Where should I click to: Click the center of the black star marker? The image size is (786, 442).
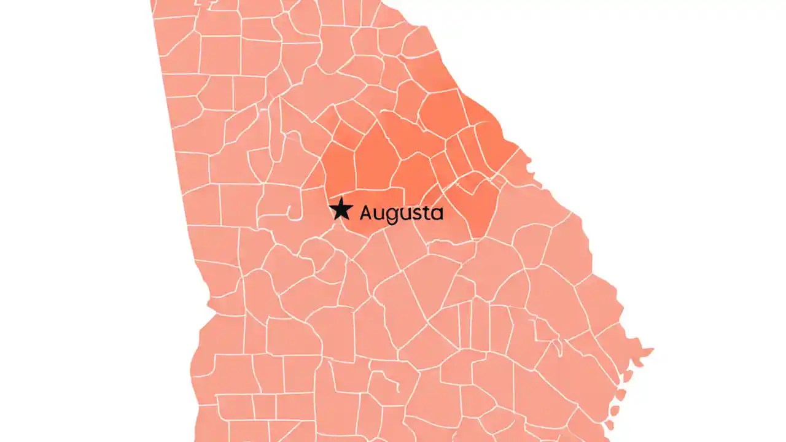pos(341,210)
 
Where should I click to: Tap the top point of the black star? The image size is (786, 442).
pos(341,198)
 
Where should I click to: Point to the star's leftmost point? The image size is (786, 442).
pos(329,207)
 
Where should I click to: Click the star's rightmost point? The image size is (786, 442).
pos(353,207)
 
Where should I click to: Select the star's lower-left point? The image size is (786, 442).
pos(333,220)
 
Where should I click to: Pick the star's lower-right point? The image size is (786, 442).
pos(348,220)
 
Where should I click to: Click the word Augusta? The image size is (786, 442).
pos(401,214)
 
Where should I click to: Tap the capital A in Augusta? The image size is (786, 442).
pos(367,213)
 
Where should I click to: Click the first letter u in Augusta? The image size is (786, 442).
pos(380,214)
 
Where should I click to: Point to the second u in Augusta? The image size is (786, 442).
pos(405,214)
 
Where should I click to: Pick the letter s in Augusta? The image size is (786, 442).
pos(416,214)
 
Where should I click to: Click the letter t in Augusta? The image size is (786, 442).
pos(426,213)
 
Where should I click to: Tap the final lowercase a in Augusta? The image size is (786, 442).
pos(436,214)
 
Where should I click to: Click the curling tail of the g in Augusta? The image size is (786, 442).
pos(392,222)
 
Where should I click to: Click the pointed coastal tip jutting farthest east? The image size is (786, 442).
pos(652,351)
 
